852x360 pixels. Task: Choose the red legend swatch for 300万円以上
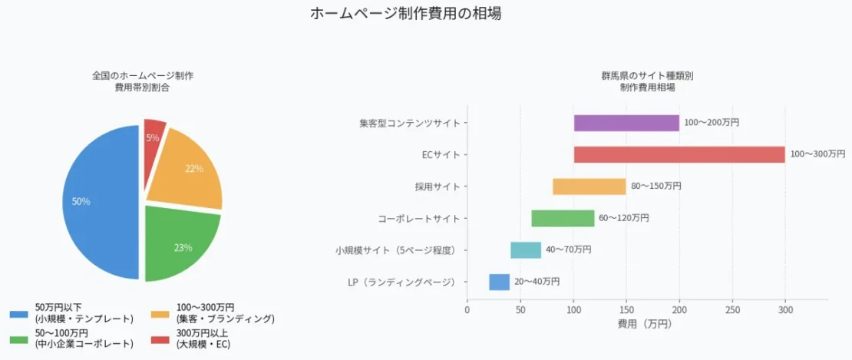pyautogui.click(x=160, y=339)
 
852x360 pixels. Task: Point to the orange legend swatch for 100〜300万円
pyautogui.click(x=160, y=313)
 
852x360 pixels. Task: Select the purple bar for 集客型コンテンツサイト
pyautogui.click(x=626, y=123)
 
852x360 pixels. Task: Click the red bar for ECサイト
pyautogui.click(x=679, y=154)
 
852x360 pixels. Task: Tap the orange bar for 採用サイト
pyautogui.click(x=589, y=187)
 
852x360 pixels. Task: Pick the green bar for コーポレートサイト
pyautogui.click(x=563, y=218)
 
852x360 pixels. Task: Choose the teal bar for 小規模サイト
pyautogui.click(x=526, y=250)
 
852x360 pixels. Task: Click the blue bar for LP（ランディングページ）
pyautogui.click(x=499, y=282)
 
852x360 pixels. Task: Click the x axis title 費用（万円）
pyautogui.click(x=644, y=325)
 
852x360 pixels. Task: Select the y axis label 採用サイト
pyautogui.click(x=437, y=187)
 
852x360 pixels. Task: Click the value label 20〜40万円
pyautogui.click(x=537, y=282)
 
